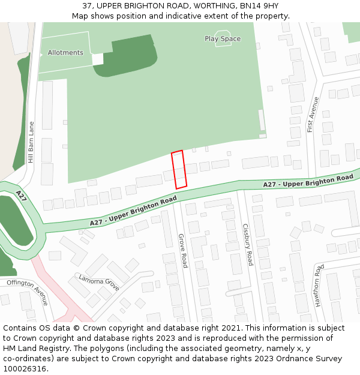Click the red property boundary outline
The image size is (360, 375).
[179, 169]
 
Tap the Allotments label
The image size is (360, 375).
[65, 53]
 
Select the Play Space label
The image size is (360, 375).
[223, 39]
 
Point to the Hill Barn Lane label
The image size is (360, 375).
[31, 142]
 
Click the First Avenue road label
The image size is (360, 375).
[311, 115]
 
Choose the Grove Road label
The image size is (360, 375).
[183, 251]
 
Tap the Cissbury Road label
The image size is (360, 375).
[247, 245]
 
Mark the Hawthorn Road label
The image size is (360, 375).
[319, 286]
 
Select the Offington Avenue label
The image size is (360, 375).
[28, 292]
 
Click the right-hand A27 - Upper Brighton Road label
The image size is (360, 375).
[308, 181]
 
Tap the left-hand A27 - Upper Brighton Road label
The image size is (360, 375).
[133, 211]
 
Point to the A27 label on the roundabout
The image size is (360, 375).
[22, 197]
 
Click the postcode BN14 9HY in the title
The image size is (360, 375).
[261, 6]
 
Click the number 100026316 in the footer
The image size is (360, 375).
[25, 369]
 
